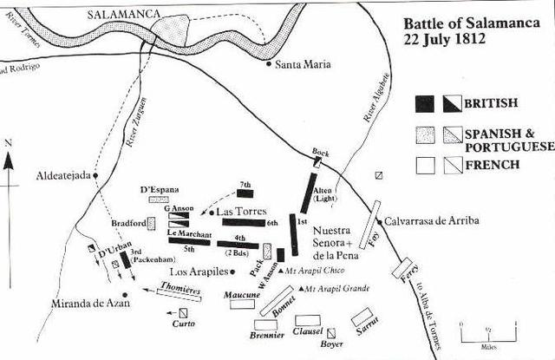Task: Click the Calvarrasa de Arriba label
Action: [x=431, y=220]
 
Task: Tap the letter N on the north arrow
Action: [x=8, y=141]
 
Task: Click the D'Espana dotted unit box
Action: [x=159, y=200]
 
